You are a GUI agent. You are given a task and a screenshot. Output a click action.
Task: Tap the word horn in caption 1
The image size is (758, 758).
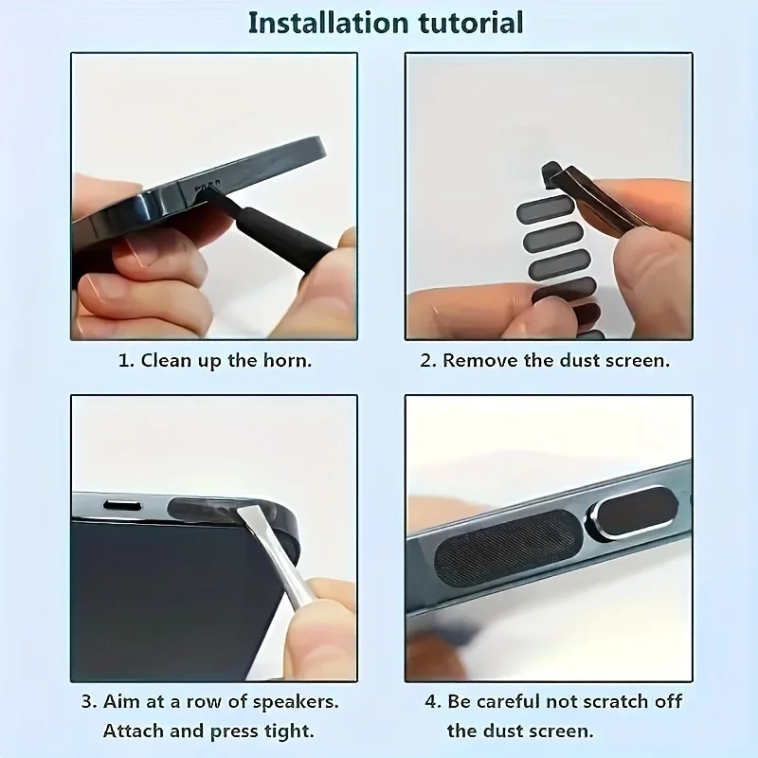(289, 361)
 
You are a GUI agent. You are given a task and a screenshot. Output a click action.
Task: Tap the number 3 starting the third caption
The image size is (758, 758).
(85, 703)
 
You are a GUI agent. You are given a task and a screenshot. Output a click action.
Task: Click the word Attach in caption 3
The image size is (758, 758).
(133, 731)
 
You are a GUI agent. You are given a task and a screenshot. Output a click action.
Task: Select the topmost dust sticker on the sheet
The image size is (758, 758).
(545, 208)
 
